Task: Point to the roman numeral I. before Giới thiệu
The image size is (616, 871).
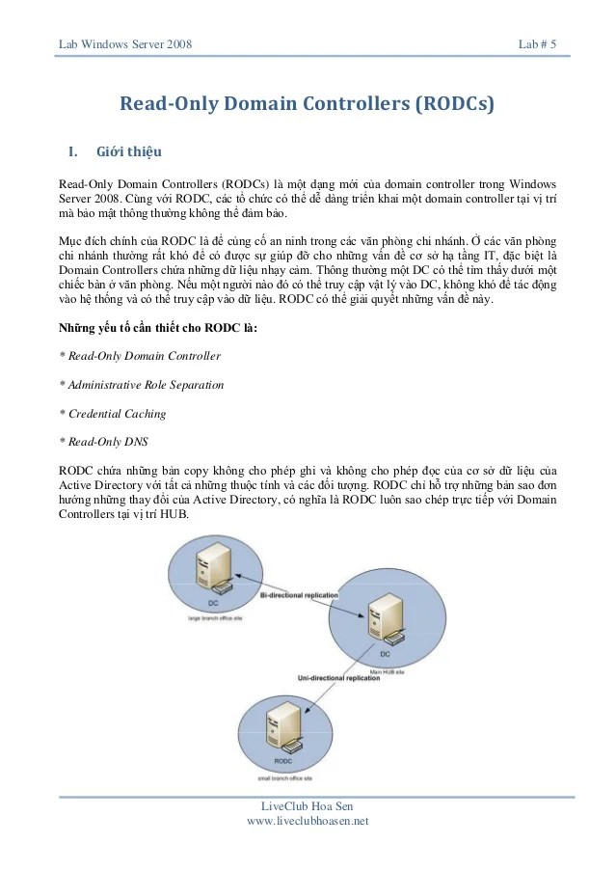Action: click(x=70, y=152)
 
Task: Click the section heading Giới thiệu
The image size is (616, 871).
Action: click(x=129, y=152)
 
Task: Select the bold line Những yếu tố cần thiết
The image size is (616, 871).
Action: click(x=158, y=327)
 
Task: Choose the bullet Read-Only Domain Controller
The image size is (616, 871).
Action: click(x=141, y=356)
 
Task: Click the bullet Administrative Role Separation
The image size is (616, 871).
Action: click(x=142, y=385)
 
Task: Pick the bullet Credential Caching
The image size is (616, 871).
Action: click(x=113, y=414)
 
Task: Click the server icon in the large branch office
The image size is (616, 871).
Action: click(x=211, y=569)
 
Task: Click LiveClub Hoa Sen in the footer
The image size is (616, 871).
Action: click(x=308, y=806)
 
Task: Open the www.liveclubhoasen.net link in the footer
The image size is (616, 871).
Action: click(x=308, y=821)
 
